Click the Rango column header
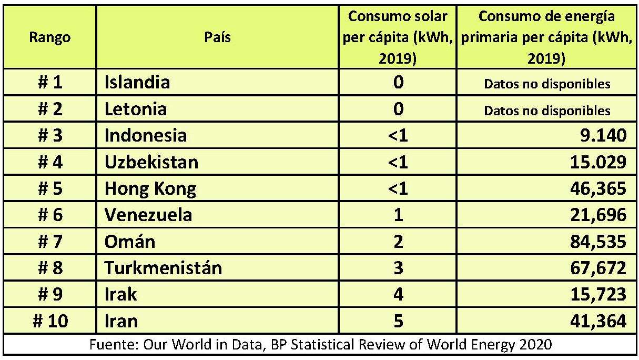(x=50, y=37)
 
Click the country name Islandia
(x=137, y=82)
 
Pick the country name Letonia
(x=136, y=109)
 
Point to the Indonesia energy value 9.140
(x=600, y=136)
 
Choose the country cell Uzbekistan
(x=151, y=162)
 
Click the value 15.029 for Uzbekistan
(x=595, y=162)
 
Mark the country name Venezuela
(x=148, y=215)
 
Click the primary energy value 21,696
(x=595, y=215)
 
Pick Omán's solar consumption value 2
(x=398, y=242)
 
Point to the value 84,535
(x=595, y=242)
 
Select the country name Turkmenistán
(x=163, y=268)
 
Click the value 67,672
(x=595, y=268)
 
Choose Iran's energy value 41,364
(x=595, y=321)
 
